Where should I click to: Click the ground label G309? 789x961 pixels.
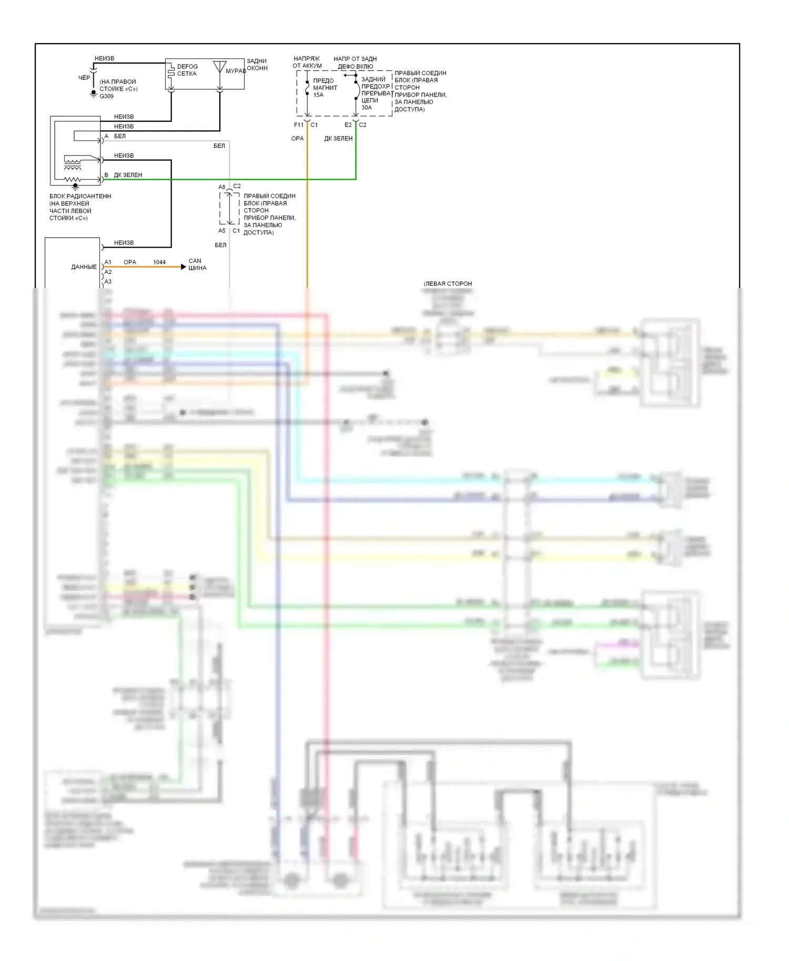point(107,96)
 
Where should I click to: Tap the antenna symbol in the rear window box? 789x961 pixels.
point(220,67)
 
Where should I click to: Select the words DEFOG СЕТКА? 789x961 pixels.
point(187,70)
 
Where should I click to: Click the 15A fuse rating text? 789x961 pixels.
point(319,95)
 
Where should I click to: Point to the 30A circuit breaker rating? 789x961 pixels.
point(367,108)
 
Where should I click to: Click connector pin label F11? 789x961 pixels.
point(299,125)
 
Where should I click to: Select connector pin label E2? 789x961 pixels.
point(348,125)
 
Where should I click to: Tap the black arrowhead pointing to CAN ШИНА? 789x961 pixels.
point(183,267)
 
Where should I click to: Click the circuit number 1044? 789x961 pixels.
point(159,262)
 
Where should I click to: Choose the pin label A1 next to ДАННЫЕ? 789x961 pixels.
point(108,262)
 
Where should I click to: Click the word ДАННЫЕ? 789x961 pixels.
point(84,267)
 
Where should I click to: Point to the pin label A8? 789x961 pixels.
point(222,187)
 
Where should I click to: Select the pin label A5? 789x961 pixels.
point(222,231)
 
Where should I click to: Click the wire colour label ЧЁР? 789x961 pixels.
point(84,78)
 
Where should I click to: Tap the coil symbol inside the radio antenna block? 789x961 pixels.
point(73,159)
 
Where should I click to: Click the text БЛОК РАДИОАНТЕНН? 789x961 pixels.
point(80,196)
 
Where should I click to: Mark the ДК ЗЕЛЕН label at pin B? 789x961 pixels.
point(128,175)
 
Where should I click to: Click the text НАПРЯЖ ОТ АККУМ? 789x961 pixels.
point(307,62)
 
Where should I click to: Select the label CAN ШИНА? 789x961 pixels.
point(197,264)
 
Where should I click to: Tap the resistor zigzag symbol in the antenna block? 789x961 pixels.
point(73,180)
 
